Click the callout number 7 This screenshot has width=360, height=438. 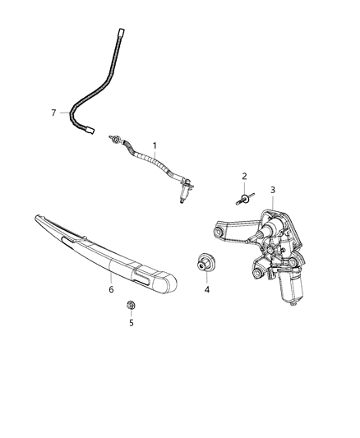(54, 112)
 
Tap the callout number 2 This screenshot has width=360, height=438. (243, 178)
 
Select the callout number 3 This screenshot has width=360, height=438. (273, 190)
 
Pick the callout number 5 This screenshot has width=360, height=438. (131, 323)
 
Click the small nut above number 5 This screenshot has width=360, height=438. (131, 306)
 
